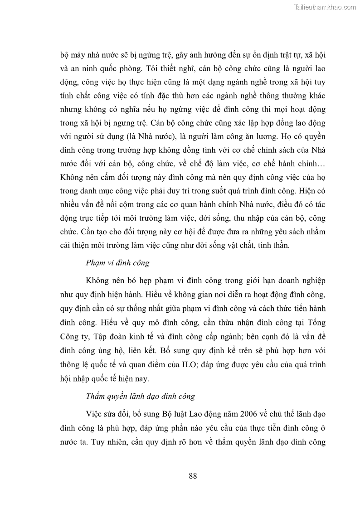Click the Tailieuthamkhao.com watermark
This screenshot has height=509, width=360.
point(325,7)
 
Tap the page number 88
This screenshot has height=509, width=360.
point(192,475)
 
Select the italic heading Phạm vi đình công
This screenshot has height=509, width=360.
point(118,263)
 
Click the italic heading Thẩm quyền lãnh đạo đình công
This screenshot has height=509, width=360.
point(141,396)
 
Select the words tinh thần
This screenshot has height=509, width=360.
point(272,245)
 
